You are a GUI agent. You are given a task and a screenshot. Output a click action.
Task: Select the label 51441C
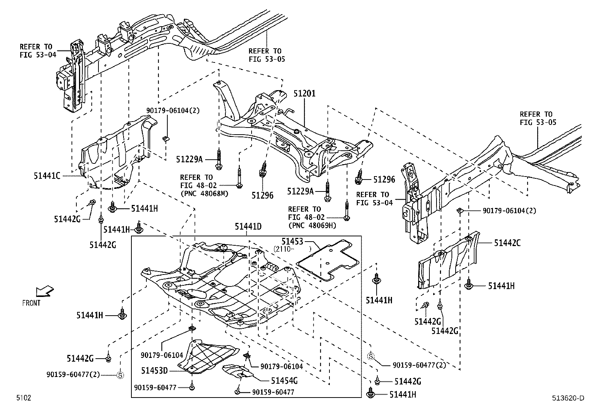point(46,175)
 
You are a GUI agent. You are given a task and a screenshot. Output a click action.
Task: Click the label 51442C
point(507,243)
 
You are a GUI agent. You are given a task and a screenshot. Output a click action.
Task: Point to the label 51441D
point(248,226)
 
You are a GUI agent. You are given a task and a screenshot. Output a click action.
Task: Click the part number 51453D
point(154,371)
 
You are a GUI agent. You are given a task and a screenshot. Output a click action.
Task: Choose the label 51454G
point(284,381)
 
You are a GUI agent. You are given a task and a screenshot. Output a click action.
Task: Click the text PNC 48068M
point(204,194)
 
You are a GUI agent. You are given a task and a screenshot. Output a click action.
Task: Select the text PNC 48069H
point(312,226)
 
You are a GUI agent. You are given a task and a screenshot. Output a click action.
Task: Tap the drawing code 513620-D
point(568,398)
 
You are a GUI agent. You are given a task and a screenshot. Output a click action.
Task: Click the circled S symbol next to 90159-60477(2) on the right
point(371,356)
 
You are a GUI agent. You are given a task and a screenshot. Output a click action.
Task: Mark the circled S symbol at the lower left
point(120,375)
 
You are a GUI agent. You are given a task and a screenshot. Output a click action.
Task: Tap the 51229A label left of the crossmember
point(189,159)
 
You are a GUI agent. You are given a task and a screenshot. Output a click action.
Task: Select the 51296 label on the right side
point(384,180)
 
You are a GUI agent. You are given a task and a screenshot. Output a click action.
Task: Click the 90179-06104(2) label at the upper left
point(173,111)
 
